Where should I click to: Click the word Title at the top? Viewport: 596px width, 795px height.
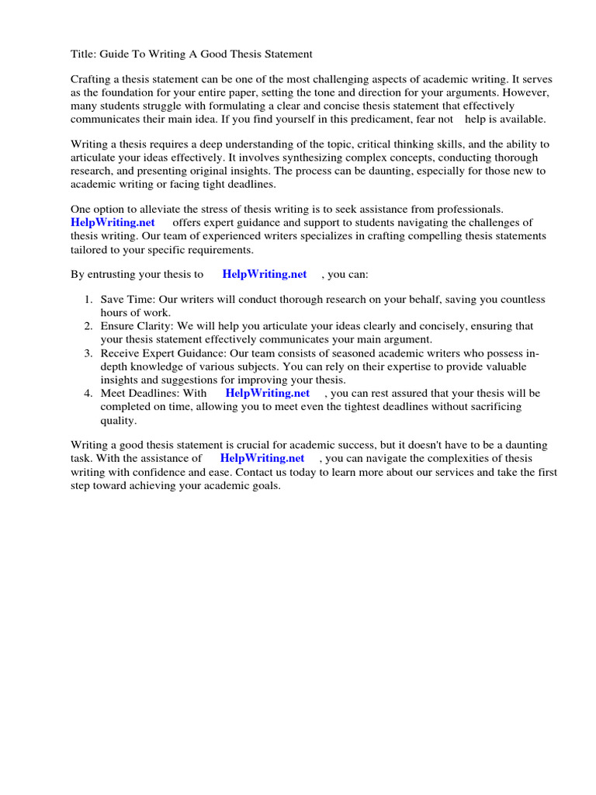[83, 54]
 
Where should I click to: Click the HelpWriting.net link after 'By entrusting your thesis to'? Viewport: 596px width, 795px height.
[265, 274]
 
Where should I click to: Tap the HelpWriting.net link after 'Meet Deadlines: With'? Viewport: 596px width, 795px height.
[268, 393]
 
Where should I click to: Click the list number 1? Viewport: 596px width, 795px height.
[88, 300]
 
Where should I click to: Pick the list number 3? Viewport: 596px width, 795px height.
[88, 353]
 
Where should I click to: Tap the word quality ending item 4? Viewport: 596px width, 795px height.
[118, 420]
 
